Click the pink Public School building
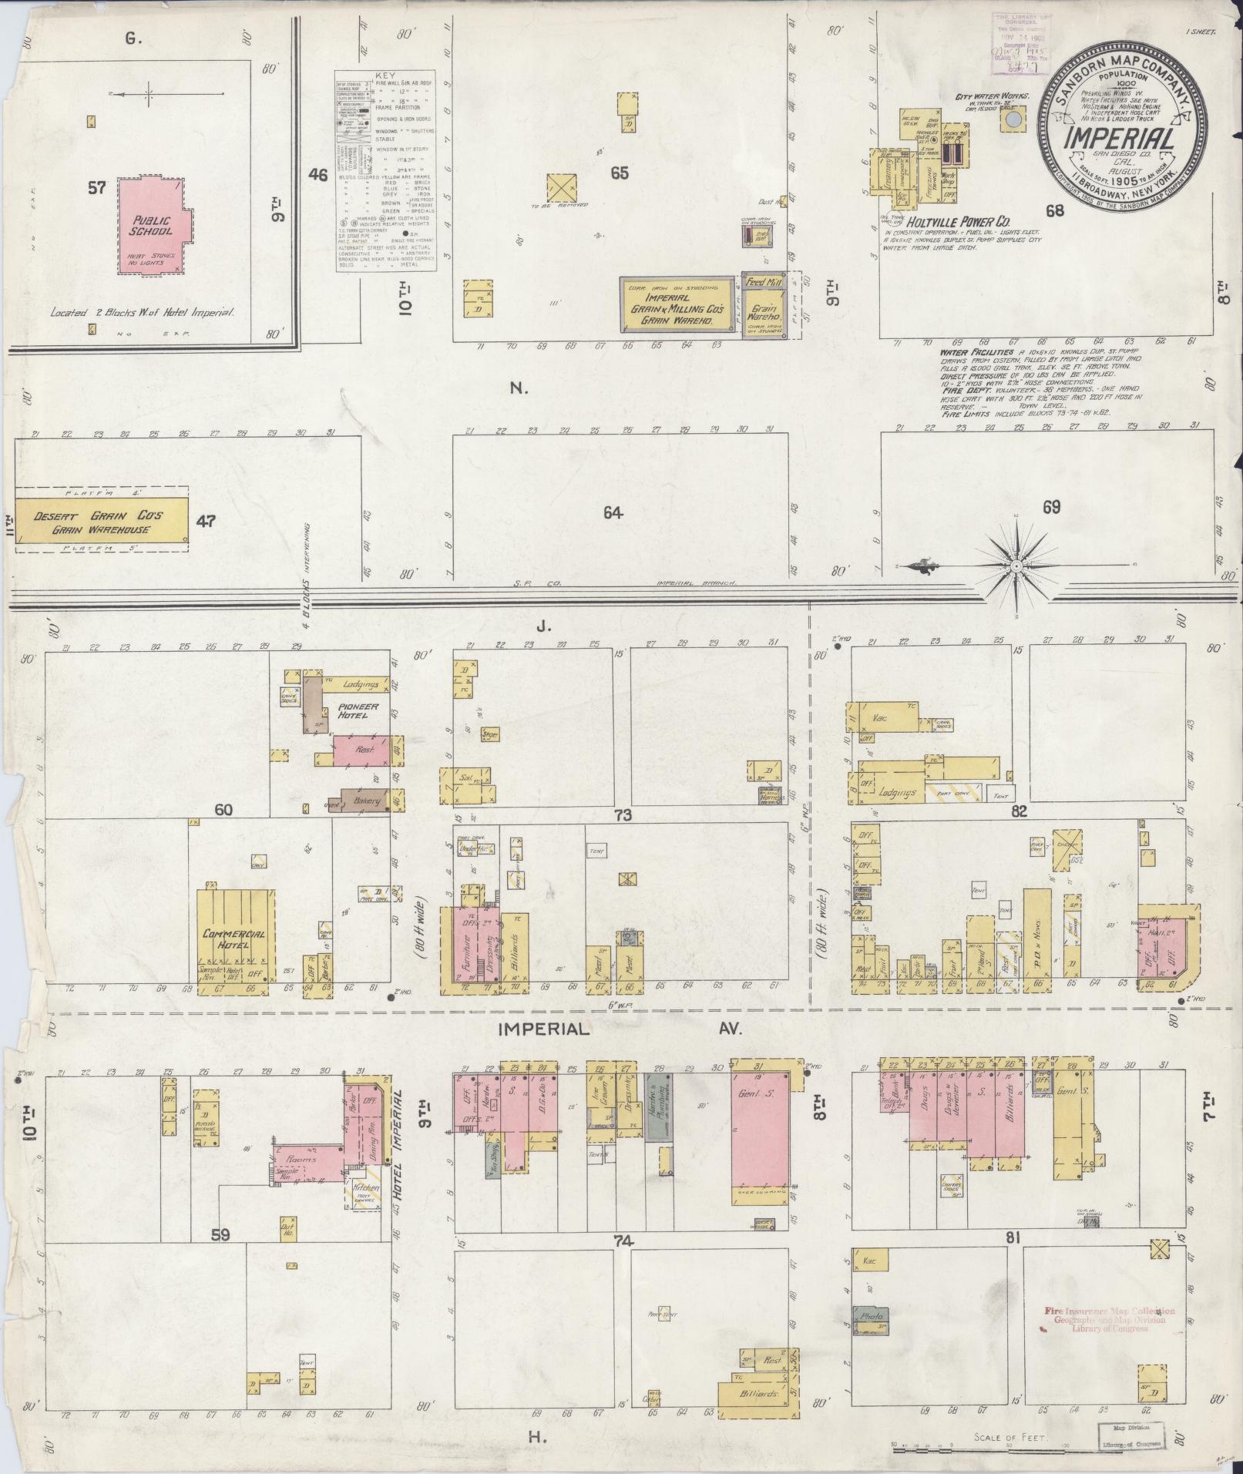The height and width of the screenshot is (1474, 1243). pyautogui.click(x=149, y=227)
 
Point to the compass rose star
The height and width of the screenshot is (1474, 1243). pyautogui.click(x=1016, y=566)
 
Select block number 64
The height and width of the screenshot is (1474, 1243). pyautogui.click(x=613, y=513)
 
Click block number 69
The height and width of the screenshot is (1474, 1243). pyautogui.click(x=1051, y=507)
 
